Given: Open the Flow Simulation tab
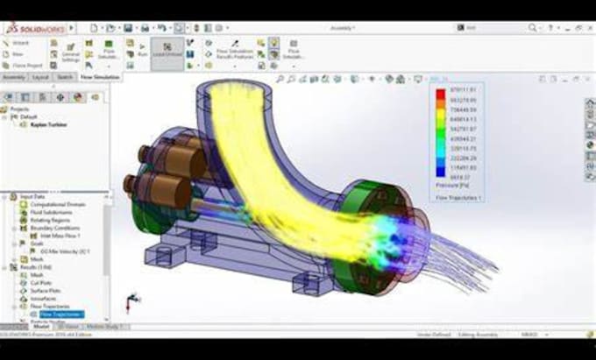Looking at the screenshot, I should [100, 77].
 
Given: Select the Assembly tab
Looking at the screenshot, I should [14, 77].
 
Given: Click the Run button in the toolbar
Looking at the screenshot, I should [142, 51].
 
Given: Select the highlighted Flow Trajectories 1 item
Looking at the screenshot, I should [60, 314].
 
